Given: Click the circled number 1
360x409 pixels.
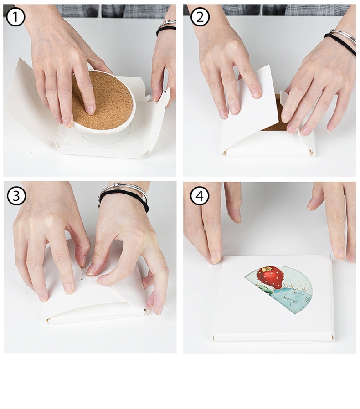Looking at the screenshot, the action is pos(15,17).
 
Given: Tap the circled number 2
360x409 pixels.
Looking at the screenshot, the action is pos(200,17).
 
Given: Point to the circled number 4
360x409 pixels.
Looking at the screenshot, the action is pos(200,196).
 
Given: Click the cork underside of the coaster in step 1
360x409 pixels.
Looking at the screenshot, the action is pos(102,100).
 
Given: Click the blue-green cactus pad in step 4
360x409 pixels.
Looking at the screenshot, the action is pos(293,297).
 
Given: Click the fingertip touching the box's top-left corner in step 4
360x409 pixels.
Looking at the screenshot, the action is pos(216,258).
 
